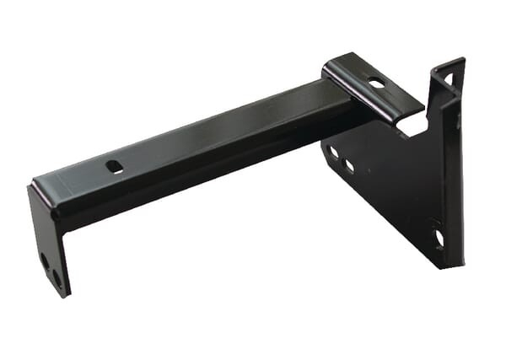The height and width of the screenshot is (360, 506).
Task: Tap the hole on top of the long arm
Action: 115,166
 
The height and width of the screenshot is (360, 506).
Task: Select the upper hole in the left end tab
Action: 45,261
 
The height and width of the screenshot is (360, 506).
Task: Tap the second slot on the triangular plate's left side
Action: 349,165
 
